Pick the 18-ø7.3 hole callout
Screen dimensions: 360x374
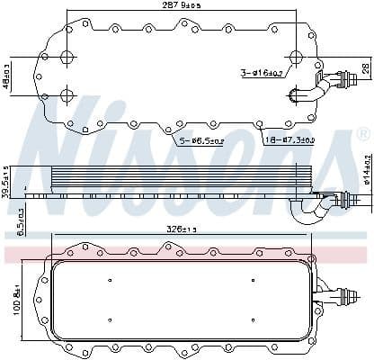(290, 141)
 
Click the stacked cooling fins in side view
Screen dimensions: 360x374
(180, 180)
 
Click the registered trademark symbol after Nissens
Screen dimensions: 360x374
(363, 135)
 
